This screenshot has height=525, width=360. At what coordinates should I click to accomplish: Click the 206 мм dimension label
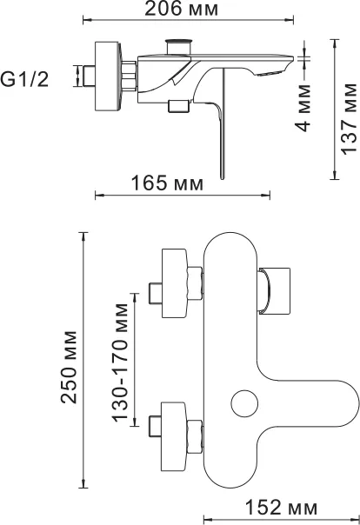181,9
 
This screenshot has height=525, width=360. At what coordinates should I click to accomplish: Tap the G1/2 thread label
24,80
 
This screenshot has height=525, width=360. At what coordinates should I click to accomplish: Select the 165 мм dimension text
167,183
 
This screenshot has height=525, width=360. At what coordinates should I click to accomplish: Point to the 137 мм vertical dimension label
349,119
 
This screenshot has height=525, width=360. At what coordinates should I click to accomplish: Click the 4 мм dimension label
303,108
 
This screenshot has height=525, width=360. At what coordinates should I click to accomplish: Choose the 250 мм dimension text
69,367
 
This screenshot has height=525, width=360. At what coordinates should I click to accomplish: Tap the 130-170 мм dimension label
120,362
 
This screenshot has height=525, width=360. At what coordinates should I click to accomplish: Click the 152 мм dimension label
281,508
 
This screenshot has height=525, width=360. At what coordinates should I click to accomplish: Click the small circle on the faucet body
244,403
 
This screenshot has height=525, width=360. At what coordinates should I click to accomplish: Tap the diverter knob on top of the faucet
179,46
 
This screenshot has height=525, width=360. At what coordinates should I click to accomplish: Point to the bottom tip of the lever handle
222,179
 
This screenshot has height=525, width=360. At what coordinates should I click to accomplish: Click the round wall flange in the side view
108,76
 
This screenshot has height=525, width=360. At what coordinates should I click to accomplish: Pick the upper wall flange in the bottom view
174,283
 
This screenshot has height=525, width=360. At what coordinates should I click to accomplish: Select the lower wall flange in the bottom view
174,436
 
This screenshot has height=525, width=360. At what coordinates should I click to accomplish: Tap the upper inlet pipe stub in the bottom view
156,294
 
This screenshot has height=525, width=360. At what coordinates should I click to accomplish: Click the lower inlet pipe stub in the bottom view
155,427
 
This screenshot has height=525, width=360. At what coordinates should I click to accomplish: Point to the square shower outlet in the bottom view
274,291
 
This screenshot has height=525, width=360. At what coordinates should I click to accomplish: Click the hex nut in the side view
130,76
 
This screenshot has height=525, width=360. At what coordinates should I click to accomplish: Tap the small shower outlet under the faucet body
178,106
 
